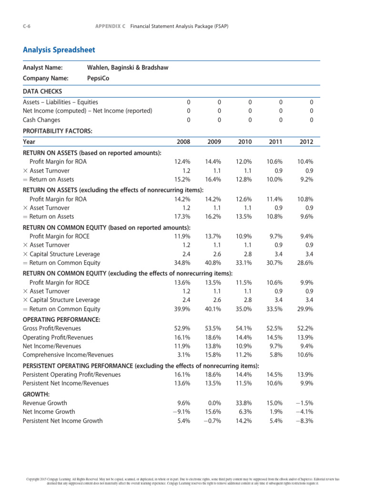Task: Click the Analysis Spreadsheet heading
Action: pos(59,50)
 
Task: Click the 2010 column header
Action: pos(244,142)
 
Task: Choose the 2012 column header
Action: pos(306,142)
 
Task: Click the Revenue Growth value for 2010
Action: pos(244,403)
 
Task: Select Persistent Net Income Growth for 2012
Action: pos(305,421)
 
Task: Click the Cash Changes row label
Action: pos(42,120)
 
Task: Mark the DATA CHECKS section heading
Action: pos(42,91)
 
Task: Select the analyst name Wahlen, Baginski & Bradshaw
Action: pos(128,68)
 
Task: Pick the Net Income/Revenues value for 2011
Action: pos(275,346)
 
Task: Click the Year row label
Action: pos(29,142)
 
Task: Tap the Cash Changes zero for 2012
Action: pos(311,120)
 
